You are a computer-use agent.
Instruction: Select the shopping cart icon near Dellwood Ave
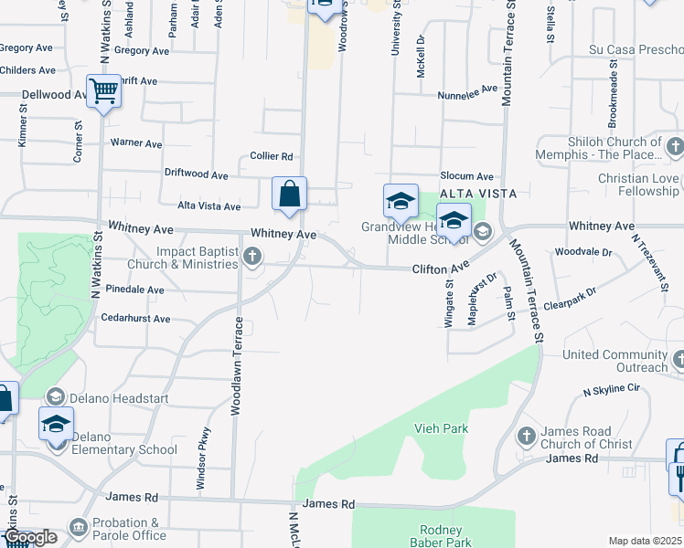[x=104, y=91]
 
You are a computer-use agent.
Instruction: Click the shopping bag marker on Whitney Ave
[x=289, y=195]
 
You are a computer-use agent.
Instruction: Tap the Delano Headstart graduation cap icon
[x=56, y=396]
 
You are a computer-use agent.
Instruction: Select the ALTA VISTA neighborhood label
[x=478, y=194]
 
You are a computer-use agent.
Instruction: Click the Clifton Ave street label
[x=441, y=268]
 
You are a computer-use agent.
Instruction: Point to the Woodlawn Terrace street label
[x=237, y=366]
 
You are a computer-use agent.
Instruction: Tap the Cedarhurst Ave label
[x=137, y=319]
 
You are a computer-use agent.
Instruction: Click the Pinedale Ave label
[x=134, y=290]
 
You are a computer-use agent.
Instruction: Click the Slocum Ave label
[x=466, y=176]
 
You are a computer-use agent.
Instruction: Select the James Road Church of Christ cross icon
[x=526, y=437]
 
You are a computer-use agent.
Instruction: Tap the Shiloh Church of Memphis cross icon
[x=675, y=147]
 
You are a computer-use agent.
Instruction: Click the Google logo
[x=30, y=537]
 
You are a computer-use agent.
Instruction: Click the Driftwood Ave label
[x=196, y=174]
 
